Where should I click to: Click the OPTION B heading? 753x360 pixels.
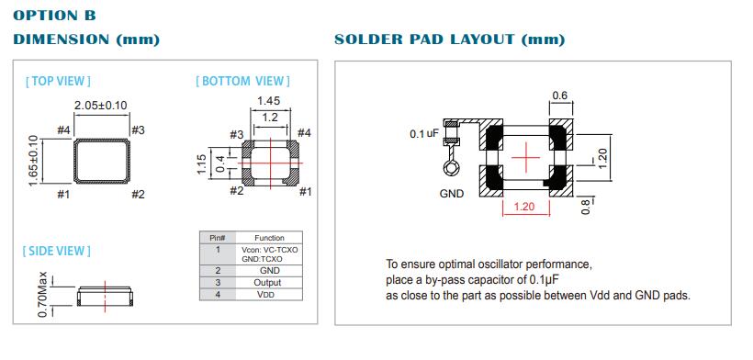[54, 16]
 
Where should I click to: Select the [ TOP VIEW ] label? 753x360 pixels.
[58, 81]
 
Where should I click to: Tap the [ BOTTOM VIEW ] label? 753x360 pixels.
[243, 81]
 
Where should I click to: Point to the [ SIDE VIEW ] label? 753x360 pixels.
[57, 251]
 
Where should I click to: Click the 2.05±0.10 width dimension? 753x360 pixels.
[101, 105]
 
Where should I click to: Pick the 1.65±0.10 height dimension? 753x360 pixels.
[33, 162]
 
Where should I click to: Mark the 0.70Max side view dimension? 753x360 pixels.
[43, 294]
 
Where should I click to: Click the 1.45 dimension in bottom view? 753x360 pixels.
[268, 101]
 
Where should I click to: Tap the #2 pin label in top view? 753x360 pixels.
[138, 195]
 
